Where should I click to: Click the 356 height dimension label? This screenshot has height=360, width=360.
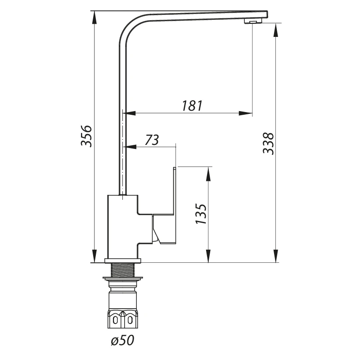pyautogui.click(x=86, y=136)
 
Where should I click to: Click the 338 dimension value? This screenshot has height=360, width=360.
pyautogui.click(x=268, y=143)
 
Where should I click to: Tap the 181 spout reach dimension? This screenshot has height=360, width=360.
pyautogui.click(x=193, y=106)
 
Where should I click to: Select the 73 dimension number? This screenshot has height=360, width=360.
pyautogui.click(x=152, y=139)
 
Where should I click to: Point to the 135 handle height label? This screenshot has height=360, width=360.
pyautogui.click(x=201, y=213)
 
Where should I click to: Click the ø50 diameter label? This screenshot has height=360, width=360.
pyautogui.click(x=122, y=340)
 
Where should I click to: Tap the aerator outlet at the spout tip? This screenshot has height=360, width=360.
pyautogui.click(x=253, y=21)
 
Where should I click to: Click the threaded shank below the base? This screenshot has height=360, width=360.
pyautogui.click(x=123, y=270)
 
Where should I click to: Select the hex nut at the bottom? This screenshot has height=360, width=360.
pyautogui.click(x=122, y=319)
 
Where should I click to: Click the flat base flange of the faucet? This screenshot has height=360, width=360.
pyautogui.click(x=123, y=261)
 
